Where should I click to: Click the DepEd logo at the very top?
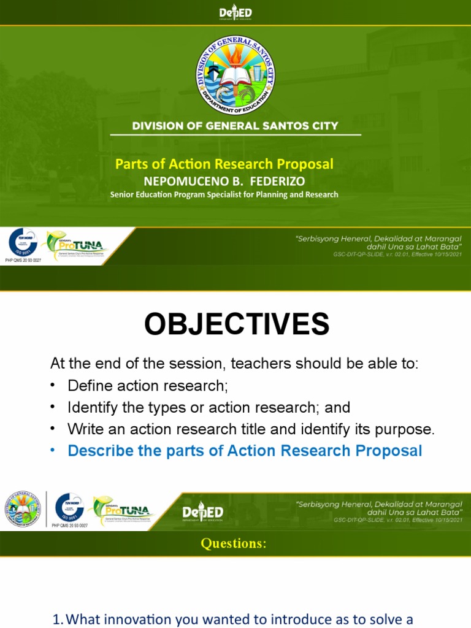tap(235, 13)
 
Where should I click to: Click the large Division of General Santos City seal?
tap(235, 75)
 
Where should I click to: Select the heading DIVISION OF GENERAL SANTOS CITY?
tap(235, 126)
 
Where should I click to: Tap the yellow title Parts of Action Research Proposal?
tap(224, 164)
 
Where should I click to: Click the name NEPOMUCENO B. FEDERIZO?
tap(224, 182)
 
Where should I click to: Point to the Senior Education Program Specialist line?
tap(224, 195)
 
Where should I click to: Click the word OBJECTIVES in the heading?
tap(236, 324)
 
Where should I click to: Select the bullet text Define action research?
tap(147, 386)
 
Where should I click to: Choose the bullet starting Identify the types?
tap(209, 407)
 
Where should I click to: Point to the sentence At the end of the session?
tap(234, 364)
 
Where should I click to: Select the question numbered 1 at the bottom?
tap(233, 619)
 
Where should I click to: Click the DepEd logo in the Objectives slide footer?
tap(202, 513)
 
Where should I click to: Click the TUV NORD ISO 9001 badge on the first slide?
tap(23, 244)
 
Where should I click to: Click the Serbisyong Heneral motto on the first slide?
tap(378, 242)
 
